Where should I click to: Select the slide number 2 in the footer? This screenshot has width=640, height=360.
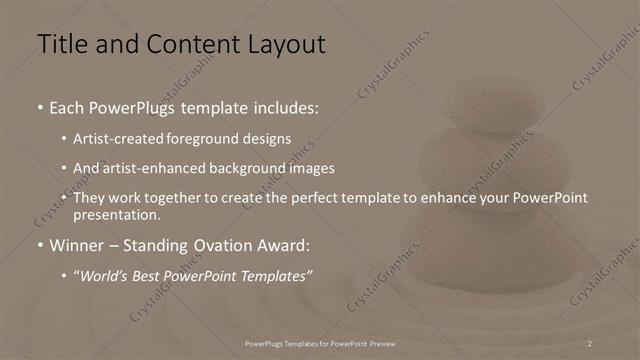pos(590,343)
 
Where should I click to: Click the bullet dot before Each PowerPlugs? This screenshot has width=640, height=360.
pos(39,106)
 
